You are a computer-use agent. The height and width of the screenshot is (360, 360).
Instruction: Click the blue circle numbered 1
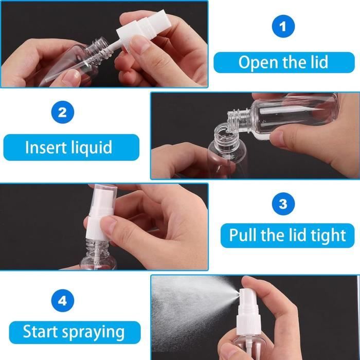click(x=283, y=26)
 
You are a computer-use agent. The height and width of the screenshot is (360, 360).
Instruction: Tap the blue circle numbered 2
click(x=63, y=112)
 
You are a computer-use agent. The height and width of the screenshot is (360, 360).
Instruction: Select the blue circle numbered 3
click(x=283, y=204)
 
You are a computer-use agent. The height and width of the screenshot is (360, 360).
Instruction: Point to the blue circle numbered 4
click(x=63, y=300)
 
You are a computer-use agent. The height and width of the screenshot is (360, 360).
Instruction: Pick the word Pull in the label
click(x=243, y=235)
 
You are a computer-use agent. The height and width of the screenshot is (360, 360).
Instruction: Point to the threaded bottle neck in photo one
click(x=98, y=49)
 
